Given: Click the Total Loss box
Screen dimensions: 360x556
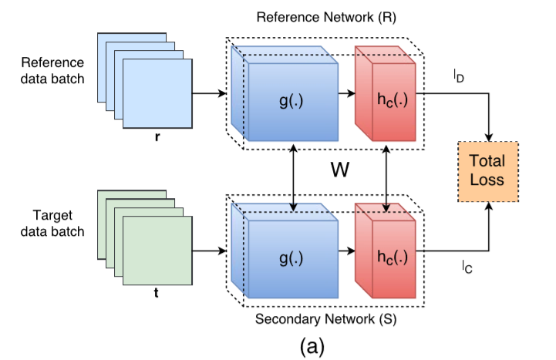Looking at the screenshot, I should tap(487, 170).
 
